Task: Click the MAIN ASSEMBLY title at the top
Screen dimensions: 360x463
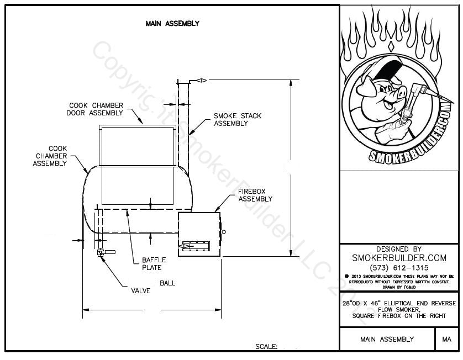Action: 172,24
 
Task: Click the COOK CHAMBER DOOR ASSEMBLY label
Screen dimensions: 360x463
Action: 96,109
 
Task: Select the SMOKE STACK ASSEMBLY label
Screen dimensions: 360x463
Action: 238,119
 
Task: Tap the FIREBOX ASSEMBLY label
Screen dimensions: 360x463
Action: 255,195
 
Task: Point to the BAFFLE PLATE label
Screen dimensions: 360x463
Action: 151,263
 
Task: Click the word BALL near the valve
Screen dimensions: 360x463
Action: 167,283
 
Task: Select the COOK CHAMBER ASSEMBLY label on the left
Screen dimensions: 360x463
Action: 50,156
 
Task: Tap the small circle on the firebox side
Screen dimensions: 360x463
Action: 224,232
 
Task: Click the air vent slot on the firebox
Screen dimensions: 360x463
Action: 194,247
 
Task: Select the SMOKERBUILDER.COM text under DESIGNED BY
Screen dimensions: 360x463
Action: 399,258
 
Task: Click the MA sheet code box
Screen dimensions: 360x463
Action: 447,339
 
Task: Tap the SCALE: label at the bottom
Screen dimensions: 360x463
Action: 266,347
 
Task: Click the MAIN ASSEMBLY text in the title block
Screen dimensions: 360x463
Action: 387,339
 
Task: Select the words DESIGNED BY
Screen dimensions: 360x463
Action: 399,249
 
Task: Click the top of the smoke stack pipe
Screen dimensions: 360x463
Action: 182,81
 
